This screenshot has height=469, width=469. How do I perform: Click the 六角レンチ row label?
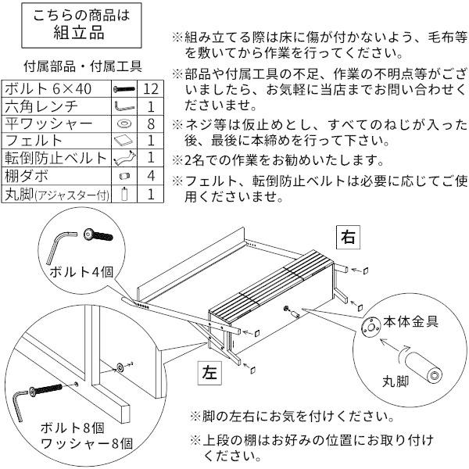point(39,106)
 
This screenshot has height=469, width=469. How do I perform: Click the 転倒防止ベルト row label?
point(55,159)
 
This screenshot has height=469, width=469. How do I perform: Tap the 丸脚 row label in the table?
point(55,194)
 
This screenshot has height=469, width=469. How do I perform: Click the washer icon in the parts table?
point(124,124)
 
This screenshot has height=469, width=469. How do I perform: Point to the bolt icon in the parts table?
point(124,89)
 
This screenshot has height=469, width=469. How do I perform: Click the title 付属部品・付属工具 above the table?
point(82,67)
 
